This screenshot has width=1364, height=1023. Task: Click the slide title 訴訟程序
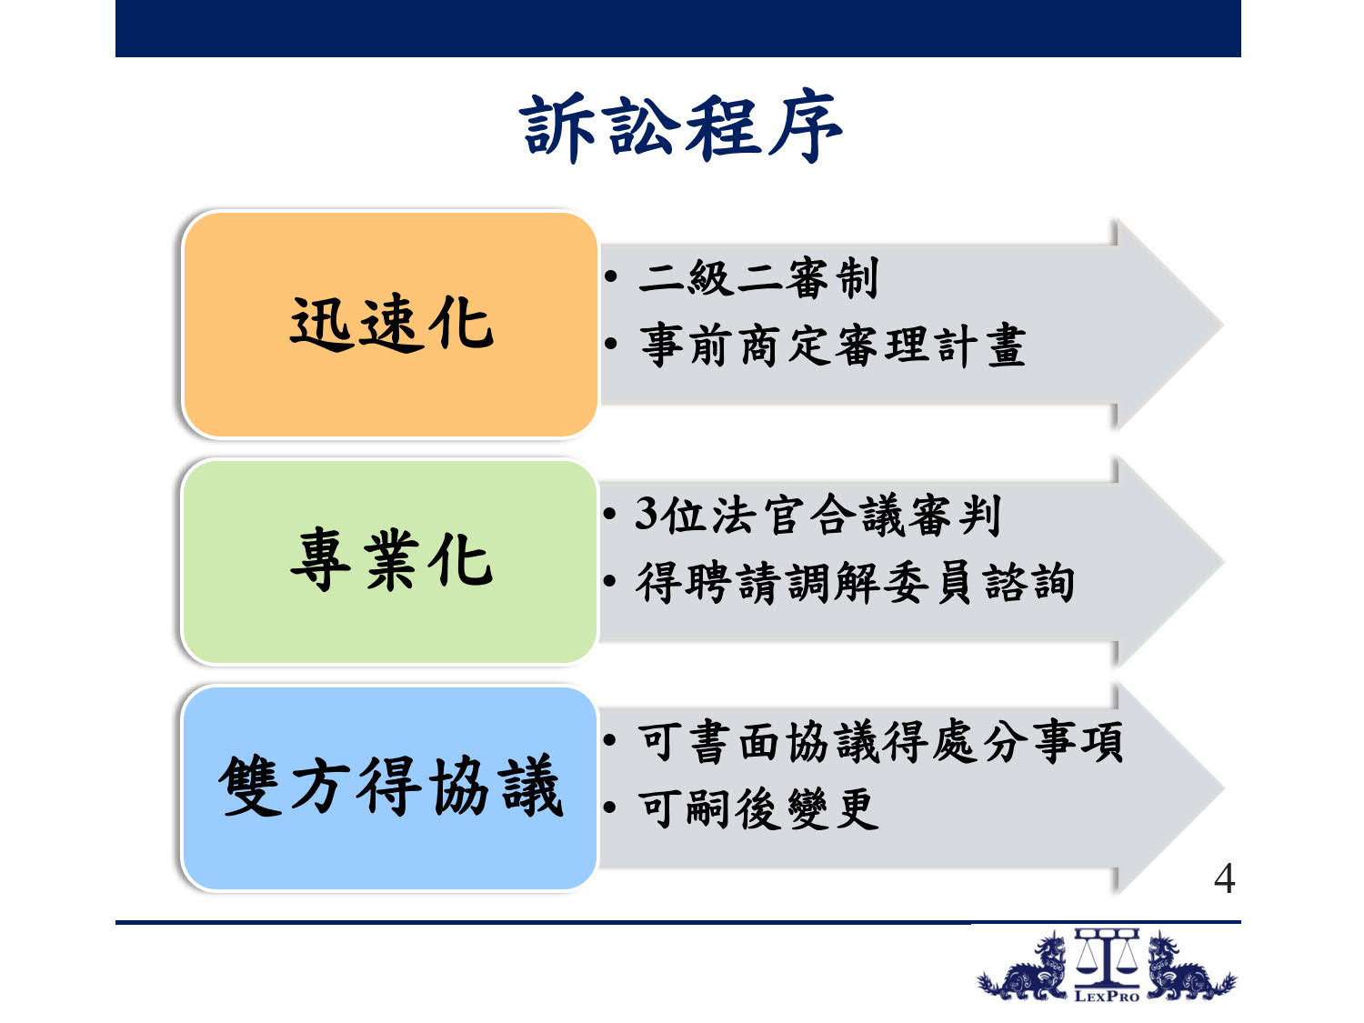[x=680, y=127]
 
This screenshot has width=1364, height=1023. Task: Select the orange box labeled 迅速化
[x=390, y=325]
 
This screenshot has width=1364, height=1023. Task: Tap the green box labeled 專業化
[x=390, y=562]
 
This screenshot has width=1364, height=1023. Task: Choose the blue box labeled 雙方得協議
[x=390, y=788]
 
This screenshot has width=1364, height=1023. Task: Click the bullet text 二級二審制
[x=758, y=277]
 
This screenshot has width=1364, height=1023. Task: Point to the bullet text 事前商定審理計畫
[x=833, y=345]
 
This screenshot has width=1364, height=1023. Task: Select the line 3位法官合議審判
[x=817, y=515]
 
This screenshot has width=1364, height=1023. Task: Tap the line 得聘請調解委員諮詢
[x=855, y=582]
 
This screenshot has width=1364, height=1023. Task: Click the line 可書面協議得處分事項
[x=880, y=742]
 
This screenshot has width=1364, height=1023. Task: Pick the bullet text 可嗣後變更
[x=758, y=808]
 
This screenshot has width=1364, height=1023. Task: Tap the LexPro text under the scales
[x=1107, y=997]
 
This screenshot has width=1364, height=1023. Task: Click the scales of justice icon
[x=1107, y=958]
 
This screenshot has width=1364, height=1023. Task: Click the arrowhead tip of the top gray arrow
[x=1223, y=325]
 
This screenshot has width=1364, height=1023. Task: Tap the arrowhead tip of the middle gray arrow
[x=1223, y=562]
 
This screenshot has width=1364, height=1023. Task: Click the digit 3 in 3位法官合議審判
[x=647, y=515]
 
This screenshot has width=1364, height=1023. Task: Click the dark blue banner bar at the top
[x=678, y=28]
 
